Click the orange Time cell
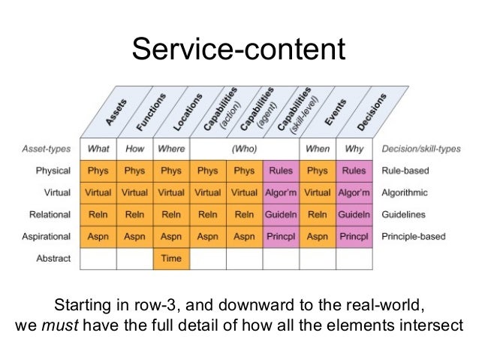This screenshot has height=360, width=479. tap(172, 259)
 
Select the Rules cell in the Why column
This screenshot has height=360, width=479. tap(354, 171)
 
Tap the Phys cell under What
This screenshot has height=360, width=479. tap(98, 171)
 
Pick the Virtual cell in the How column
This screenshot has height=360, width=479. tap(135, 192)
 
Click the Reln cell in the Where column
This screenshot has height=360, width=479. tap(172, 215)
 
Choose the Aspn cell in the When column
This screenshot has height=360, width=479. tap(318, 237)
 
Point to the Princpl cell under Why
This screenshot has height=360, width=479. tap(354, 237)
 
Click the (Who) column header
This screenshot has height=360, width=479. tap(245, 149)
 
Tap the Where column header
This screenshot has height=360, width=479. tap(172, 149)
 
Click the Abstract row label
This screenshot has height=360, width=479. tap(53, 259)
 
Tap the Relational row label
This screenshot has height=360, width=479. tap(50, 215)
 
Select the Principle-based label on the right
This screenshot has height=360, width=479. tap(414, 237)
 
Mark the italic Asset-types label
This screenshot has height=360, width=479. tap(47, 149)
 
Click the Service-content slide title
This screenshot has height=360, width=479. tap(239, 50)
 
